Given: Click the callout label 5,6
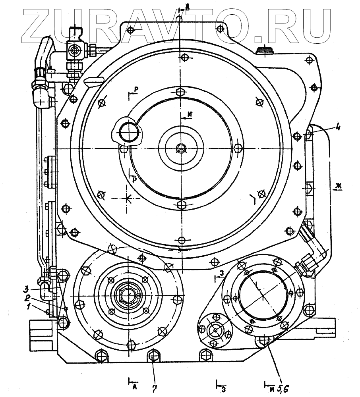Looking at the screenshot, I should [283, 384].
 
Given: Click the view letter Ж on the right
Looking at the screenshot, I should [338, 185].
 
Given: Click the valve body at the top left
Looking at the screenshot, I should [75, 50].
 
